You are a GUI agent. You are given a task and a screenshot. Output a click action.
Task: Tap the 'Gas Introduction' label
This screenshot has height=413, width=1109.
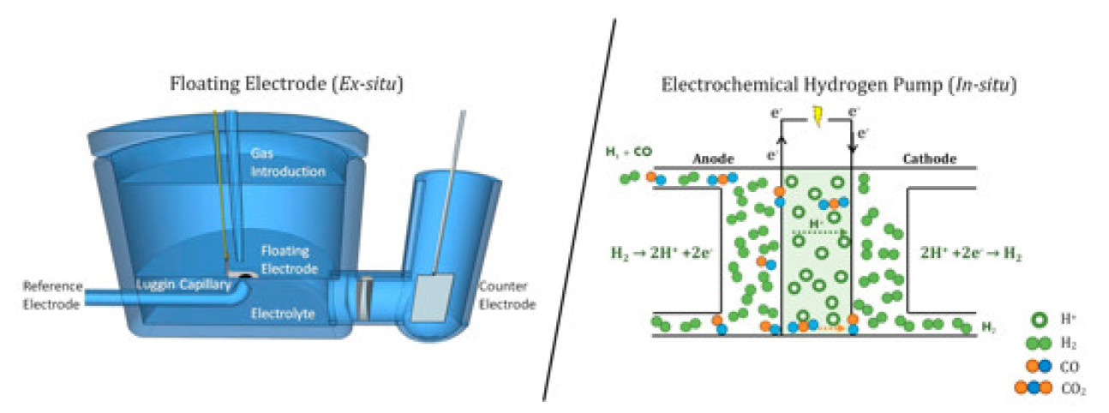(288, 162)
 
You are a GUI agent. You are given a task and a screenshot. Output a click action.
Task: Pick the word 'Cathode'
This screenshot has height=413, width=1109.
(930, 159)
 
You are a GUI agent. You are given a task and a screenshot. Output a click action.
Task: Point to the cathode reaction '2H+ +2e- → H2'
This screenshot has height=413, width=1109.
(971, 254)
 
